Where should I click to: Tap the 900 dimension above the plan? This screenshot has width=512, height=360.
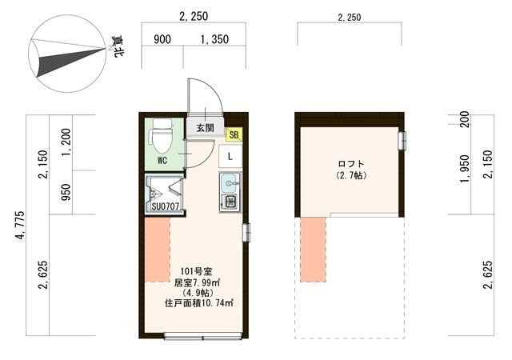[162, 38]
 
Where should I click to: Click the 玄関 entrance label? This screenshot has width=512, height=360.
[204, 127]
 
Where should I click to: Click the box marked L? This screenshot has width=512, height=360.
[230, 155]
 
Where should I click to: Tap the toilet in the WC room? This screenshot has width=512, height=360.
[162, 136]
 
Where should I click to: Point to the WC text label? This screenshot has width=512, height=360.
[162, 160]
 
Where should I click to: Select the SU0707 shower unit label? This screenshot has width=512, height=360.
[165, 207]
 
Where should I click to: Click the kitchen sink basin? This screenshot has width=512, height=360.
[230, 182]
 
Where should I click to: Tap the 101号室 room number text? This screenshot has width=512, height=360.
[194, 270]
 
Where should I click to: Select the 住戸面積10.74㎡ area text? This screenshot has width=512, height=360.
[200, 302]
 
